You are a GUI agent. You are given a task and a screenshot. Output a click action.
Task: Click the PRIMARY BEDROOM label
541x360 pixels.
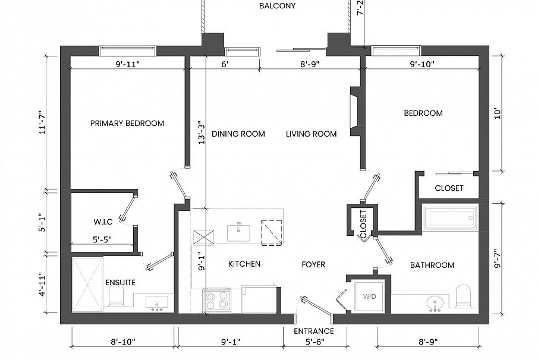click(x=127, y=123)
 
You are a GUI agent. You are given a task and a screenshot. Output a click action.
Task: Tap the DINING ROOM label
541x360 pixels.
click(x=238, y=134)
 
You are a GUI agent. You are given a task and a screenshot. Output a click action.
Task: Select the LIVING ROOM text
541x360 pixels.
click(x=311, y=134)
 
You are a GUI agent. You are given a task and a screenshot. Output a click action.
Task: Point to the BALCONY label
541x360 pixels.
click(x=277, y=6)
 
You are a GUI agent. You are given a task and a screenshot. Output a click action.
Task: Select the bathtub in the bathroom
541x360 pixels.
click(x=450, y=217)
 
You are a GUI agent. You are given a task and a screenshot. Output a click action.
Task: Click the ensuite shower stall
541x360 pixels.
click(x=87, y=285)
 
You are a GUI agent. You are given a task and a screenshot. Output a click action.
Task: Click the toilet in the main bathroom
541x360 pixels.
click(x=463, y=296)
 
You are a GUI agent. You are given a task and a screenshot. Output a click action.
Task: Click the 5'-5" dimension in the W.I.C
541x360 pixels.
click(x=102, y=239)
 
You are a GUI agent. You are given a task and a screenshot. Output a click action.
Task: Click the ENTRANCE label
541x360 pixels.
click(x=313, y=331)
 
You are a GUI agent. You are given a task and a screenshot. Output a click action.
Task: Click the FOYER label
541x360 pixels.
click(x=313, y=264)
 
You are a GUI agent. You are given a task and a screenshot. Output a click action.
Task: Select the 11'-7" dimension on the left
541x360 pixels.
click(x=42, y=122)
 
